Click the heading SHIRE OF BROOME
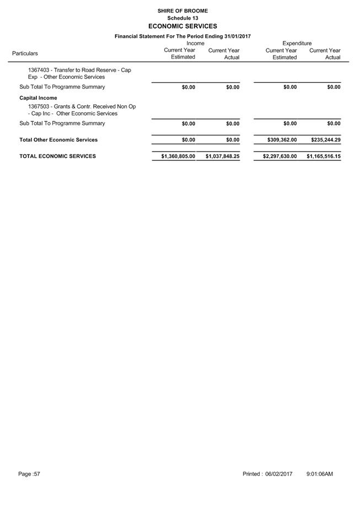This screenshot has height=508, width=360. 182,11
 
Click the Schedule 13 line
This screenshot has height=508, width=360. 182,18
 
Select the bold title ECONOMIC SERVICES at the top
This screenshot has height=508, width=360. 182,26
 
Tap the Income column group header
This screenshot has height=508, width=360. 195,43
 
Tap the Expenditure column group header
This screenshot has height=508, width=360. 297,43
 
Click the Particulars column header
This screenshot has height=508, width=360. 25,53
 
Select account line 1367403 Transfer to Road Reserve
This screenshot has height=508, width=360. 79,73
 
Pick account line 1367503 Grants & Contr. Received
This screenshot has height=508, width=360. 82,110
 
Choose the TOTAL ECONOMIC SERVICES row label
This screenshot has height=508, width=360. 57,156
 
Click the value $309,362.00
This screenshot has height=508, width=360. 282,140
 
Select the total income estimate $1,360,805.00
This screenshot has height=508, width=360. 178,156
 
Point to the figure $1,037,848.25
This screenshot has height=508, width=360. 222,156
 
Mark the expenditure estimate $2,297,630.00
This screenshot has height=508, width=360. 280,156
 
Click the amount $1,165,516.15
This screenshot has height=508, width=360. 324,156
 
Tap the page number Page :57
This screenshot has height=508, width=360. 29,474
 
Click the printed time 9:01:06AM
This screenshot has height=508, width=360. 319,474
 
